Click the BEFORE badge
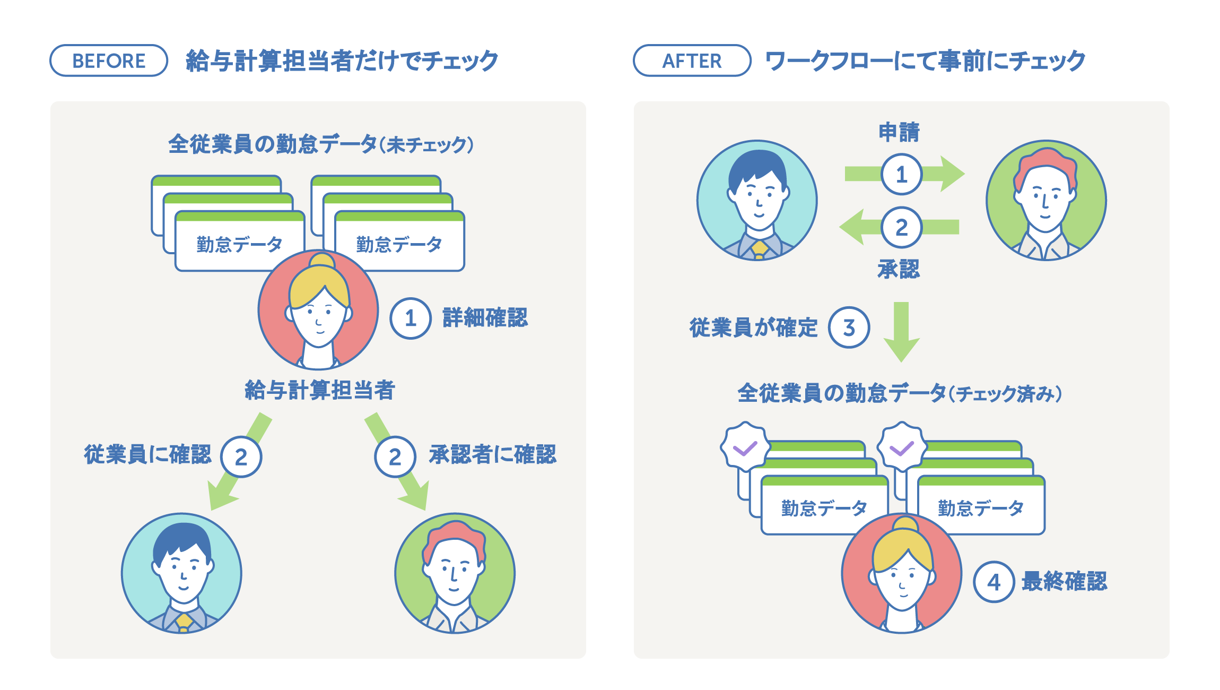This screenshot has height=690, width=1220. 109,61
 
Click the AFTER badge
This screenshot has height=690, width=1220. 692,61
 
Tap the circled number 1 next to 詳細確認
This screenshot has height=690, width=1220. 410,318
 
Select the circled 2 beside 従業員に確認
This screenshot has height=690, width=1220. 241,457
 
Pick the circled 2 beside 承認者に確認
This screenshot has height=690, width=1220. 395,457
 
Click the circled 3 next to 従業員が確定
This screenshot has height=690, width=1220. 849,327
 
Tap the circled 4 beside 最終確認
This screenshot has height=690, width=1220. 994,582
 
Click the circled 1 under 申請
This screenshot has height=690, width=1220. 901,174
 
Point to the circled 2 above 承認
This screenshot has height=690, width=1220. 901,227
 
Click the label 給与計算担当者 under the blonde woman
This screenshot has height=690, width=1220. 320,390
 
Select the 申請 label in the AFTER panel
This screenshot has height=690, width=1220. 899,132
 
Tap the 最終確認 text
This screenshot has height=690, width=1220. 1064,582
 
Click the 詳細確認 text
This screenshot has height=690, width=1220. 485,318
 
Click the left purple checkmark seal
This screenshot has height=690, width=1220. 745,447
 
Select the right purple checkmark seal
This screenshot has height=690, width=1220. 902,447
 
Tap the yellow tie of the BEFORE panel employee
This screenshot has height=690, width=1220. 184,621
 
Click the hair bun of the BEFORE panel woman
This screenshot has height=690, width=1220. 323,261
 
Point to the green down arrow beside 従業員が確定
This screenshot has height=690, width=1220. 901,332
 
